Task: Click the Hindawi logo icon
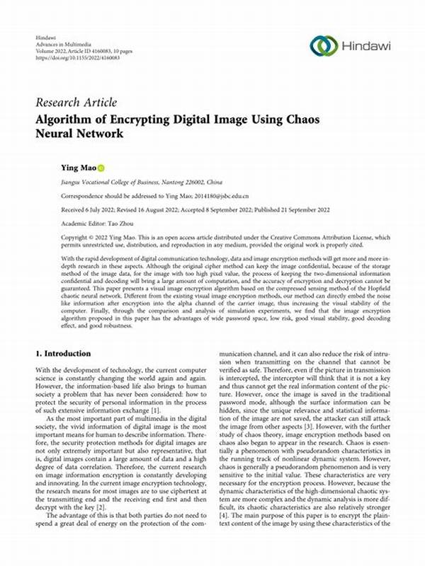[x=323, y=46]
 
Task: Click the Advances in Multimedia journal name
[x=72, y=42]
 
